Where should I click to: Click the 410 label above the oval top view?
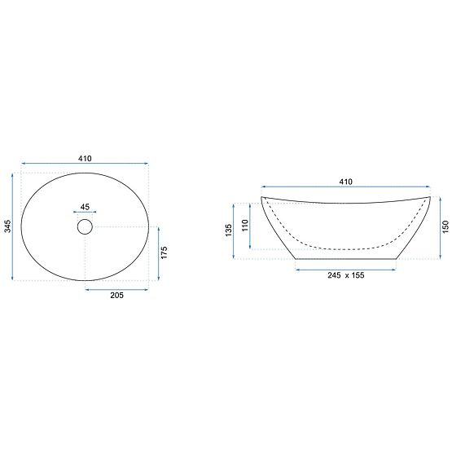pos(85,158)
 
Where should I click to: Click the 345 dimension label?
pos(7,226)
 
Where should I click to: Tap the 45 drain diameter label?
pos(86,206)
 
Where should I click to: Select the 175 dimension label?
pos(165,252)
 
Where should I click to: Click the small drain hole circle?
pos(86,226)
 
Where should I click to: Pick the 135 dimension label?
pos(229,230)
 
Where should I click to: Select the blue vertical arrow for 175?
pos(157,253)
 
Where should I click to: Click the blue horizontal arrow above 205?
pos(118,288)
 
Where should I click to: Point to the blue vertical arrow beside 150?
pos(437,228)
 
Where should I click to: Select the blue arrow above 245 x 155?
pos(345,267)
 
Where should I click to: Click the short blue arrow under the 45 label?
pos(86,214)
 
